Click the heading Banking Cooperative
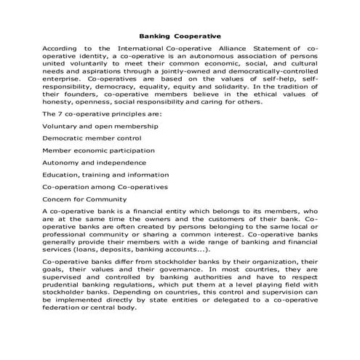pos(179,34)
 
